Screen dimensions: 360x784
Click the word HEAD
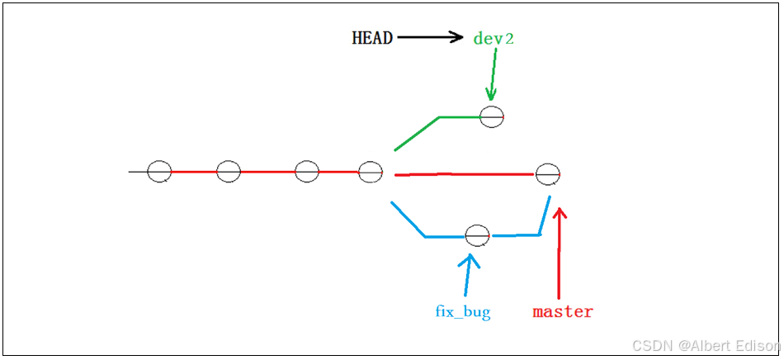[x=372, y=38]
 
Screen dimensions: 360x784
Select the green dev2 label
[x=494, y=38]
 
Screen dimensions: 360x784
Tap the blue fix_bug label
[x=463, y=312]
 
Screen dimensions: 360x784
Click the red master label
[x=563, y=312]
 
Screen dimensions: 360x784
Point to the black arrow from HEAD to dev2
[x=431, y=37]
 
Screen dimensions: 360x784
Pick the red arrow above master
[x=560, y=252]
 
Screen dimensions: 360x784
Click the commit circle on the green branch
[x=491, y=116]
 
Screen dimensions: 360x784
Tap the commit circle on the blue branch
[x=477, y=235]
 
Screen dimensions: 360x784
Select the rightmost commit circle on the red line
[x=548, y=174]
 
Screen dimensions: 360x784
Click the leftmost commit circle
[x=159, y=172]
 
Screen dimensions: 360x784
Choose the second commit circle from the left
[x=229, y=172]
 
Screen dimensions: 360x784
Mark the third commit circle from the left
[x=306, y=172]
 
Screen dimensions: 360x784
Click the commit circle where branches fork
[x=371, y=172]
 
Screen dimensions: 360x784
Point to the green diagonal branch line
[x=417, y=134]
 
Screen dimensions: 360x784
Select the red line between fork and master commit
[x=462, y=174]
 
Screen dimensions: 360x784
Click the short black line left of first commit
[x=138, y=172]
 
